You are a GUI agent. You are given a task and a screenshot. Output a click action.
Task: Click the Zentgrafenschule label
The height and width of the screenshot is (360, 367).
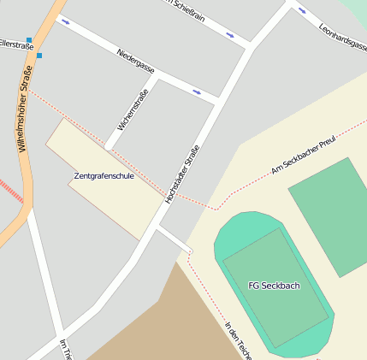(104, 176)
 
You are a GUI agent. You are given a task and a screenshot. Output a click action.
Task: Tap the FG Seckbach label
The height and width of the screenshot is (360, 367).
(274, 286)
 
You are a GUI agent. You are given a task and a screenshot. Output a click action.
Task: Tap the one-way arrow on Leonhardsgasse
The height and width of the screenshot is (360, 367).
(301, 11)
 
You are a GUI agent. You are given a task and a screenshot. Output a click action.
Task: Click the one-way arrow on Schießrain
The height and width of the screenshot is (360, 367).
(229, 35)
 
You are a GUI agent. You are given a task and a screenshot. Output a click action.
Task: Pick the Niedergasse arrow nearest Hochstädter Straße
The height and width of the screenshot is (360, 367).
(197, 91)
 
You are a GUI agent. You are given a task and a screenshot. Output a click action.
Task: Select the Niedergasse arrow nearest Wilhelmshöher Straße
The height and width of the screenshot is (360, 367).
(66, 21)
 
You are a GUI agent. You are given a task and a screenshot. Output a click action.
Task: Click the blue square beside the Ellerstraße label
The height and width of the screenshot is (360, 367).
(29, 39)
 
